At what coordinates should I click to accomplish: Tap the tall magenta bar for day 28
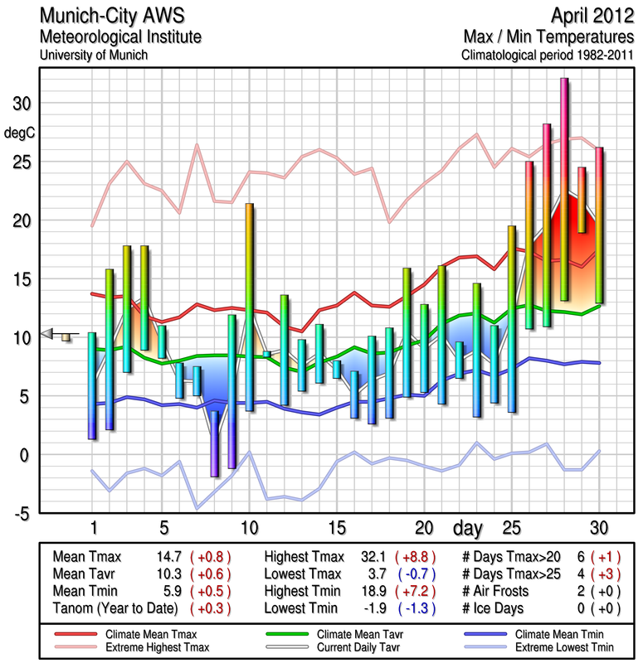click(564, 189)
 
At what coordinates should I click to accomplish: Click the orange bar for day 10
click(249, 307)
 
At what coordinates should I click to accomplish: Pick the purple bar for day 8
click(214, 443)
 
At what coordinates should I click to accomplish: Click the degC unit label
click(20, 132)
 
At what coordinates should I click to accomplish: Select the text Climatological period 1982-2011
click(548, 56)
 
